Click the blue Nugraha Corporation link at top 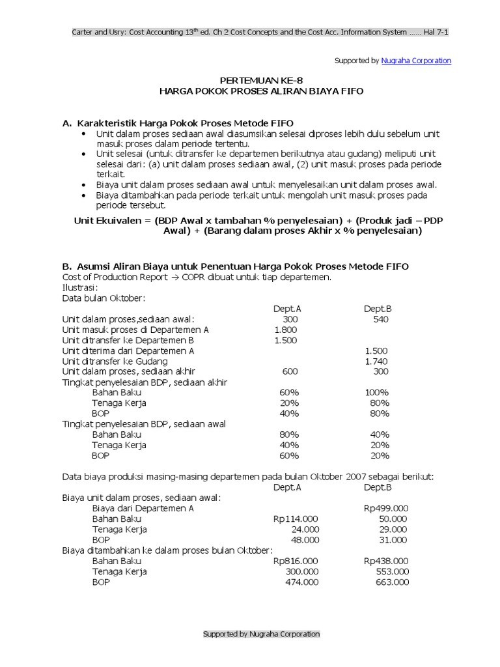pyautogui.click(x=416, y=61)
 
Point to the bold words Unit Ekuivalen pyautogui.click(x=104, y=221)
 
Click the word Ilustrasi pyautogui.click(x=80, y=287)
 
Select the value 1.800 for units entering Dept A pyautogui.click(x=286, y=330)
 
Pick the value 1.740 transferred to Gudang pyautogui.click(x=376, y=361)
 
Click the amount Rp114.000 pyautogui.click(x=296, y=518)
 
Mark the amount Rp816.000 pyautogui.click(x=296, y=560)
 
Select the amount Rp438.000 pyautogui.click(x=386, y=560)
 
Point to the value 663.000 pyautogui.click(x=392, y=582)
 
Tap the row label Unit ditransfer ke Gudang pyautogui.click(x=115, y=361)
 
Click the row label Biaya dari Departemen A pyautogui.click(x=143, y=508)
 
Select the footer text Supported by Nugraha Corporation pyautogui.click(x=261, y=634)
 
